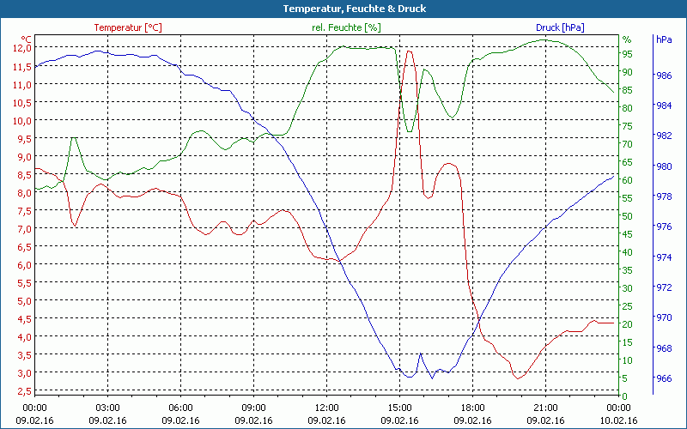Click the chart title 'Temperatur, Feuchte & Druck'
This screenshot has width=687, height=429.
coord(343,9)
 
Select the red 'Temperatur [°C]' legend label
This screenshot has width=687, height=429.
coord(127,27)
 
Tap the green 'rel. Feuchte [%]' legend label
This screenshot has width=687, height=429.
coord(346,27)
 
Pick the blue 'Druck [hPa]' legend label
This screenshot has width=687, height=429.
coord(560,27)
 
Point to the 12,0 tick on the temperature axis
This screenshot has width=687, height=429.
coord(21,48)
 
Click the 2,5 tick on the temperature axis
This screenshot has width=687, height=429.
coord(21,391)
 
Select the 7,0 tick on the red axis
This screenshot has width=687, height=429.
coord(21,229)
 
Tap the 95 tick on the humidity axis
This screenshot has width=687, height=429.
coord(627,53)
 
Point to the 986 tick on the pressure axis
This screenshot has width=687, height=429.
coord(663,76)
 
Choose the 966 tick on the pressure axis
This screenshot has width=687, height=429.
coord(663,378)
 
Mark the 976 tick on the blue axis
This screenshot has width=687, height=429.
coord(663,227)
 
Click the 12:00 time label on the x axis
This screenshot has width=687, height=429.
coord(327,407)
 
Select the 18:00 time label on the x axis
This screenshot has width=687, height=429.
coord(473,407)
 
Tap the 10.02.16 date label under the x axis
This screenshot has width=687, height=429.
coord(619,420)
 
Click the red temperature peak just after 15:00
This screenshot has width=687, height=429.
coord(409,51)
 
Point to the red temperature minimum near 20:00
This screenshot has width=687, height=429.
coord(518,378)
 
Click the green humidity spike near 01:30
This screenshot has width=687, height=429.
coord(74,138)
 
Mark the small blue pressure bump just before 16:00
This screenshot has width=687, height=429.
coord(421,353)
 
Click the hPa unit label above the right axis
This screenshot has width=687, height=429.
coord(664,39)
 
